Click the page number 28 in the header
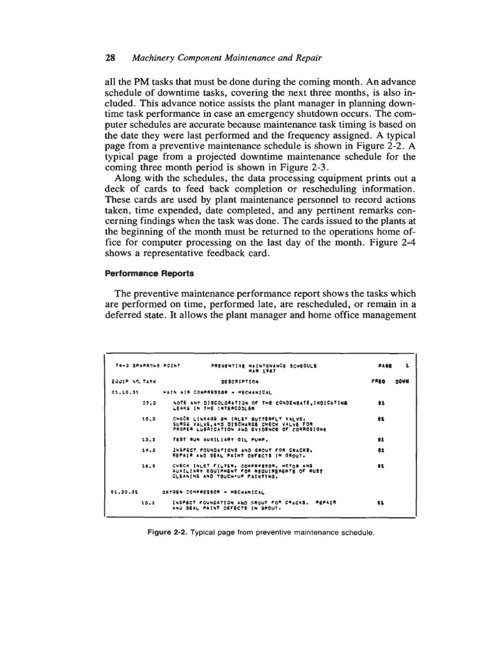(109, 58)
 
